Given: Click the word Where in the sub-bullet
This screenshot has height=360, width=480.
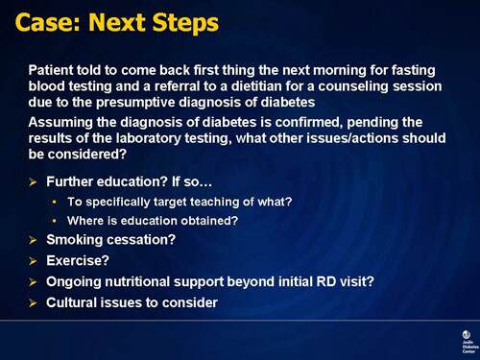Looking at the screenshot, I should point(85,220).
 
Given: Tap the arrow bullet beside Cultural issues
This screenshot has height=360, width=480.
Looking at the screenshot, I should point(36,302).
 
